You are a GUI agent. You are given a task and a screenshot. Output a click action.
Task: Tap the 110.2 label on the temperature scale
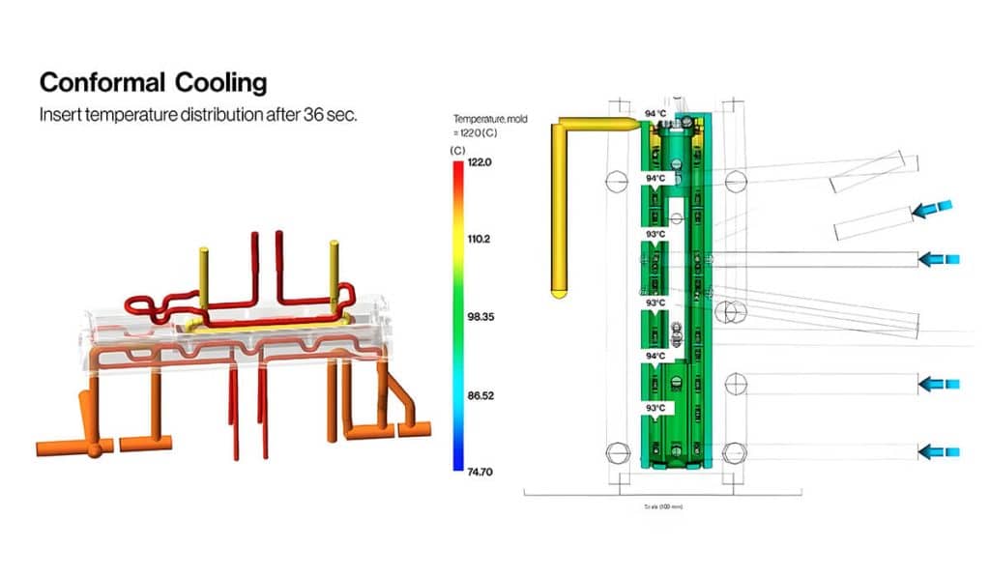coord(480,238)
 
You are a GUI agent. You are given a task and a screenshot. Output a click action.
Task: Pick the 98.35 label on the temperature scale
coord(482,316)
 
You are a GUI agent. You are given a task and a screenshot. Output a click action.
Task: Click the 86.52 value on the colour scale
coord(482,395)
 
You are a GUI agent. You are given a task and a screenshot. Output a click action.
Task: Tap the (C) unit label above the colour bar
coord(456,151)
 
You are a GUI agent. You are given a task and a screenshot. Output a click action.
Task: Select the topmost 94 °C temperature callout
coord(655,114)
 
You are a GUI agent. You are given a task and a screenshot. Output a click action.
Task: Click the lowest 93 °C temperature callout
coord(655,409)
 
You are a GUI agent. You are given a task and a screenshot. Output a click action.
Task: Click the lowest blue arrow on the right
coord(939,450)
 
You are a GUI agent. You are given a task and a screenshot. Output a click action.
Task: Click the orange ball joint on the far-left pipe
coord(94,449)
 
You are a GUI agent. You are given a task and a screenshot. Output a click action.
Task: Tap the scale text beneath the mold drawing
coord(662,505)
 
